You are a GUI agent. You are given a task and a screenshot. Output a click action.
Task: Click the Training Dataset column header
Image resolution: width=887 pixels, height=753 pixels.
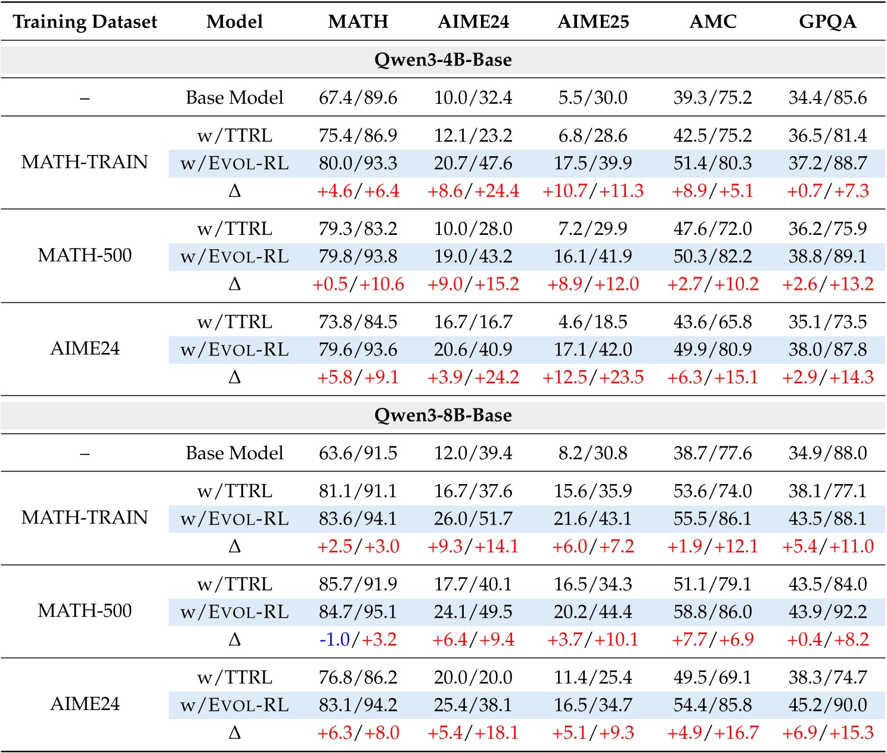click(85, 22)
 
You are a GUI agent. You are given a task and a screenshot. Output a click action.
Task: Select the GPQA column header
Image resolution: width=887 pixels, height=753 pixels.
click(827, 22)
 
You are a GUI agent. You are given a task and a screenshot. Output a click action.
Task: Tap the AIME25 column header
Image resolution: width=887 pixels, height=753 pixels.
click(593, 22)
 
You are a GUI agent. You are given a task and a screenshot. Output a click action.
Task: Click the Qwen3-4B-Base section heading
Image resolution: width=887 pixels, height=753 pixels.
click(443, 60)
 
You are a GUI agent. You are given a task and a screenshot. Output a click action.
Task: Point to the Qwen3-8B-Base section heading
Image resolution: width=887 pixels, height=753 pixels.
click(443, 415)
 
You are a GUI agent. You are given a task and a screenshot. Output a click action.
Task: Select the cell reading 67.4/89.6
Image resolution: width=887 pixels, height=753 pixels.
click(358, 98)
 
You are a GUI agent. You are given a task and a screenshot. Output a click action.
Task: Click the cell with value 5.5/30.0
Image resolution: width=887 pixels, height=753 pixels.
click(593, 98)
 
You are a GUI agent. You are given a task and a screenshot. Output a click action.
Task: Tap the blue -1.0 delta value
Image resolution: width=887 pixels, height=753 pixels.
click(334, 640)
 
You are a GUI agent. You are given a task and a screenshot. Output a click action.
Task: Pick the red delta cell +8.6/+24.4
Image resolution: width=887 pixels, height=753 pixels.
click(473, 191)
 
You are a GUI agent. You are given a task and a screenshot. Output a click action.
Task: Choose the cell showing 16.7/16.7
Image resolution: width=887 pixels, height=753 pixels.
click(473, 322)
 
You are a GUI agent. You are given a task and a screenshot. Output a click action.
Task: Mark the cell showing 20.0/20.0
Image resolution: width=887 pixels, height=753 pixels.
click(473, 677)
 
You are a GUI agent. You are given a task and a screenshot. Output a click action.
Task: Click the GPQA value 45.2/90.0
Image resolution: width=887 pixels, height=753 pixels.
click(827, 705)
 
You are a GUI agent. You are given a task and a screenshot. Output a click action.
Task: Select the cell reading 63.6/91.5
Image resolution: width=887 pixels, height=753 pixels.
click(358, 453)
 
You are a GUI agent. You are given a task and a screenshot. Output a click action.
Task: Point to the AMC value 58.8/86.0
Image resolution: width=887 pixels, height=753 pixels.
click(712, 612)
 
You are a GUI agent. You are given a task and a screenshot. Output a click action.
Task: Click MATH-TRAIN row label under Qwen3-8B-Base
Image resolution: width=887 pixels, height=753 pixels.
click(85, 517)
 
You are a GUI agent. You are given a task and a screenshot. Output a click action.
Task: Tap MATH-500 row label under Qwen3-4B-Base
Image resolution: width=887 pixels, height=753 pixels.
click(85, 255)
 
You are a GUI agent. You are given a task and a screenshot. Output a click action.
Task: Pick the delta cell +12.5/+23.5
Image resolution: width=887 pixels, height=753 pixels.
click(593, 377)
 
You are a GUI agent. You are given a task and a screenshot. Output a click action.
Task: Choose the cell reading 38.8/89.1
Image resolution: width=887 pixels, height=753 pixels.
click(827, 256)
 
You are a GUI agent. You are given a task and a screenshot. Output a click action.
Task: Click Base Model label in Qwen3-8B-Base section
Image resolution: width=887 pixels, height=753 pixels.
click(234, 453)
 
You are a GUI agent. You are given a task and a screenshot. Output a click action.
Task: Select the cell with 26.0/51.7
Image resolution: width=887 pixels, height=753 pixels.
click(473, 519)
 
